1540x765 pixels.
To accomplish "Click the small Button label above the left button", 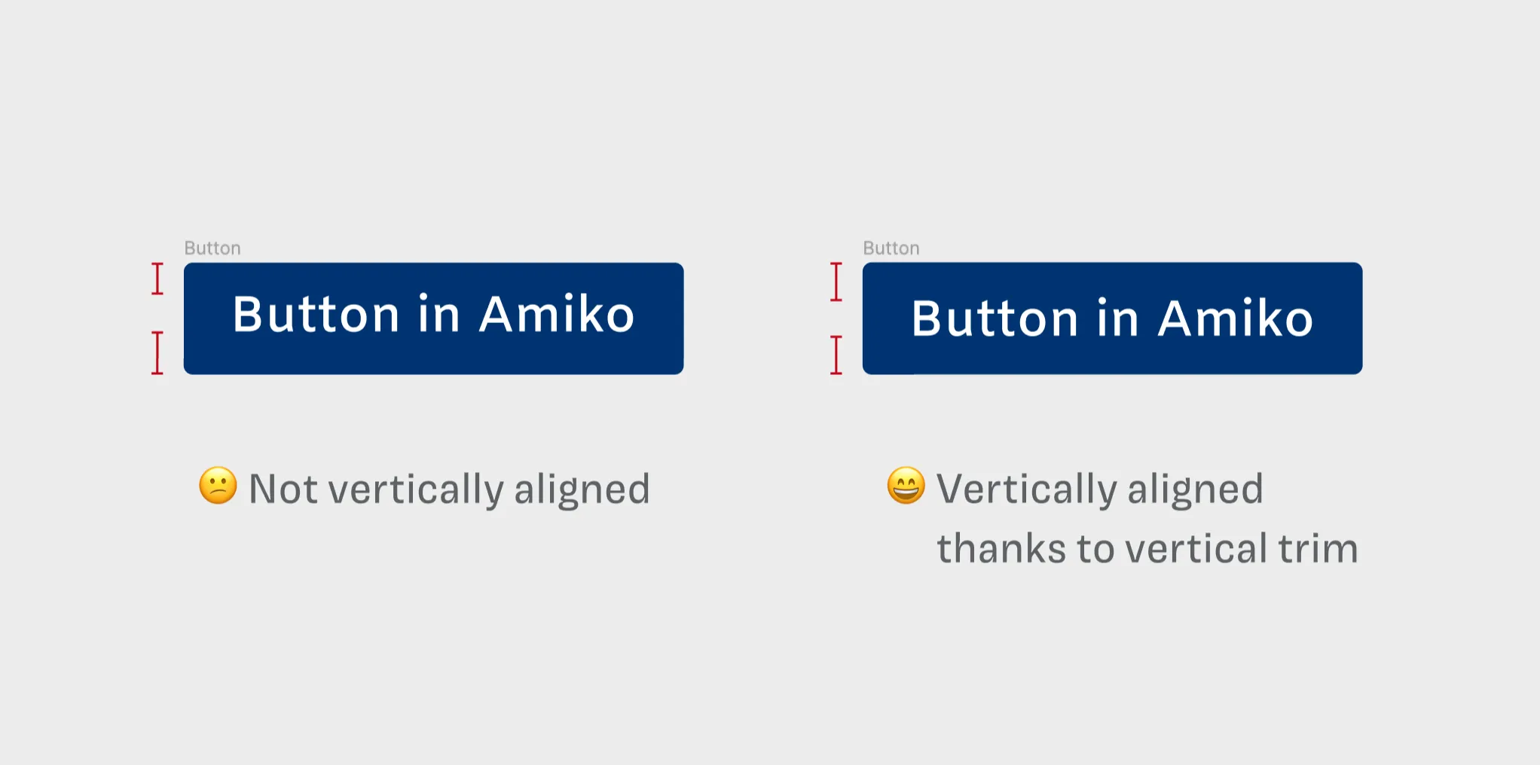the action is coord(212,248).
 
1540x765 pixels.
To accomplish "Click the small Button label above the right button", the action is coord(891,248).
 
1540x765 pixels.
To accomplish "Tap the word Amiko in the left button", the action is coord(557,314).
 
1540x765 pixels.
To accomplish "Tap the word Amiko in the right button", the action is coord(1236,318).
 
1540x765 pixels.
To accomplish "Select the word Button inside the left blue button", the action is coord(316,314).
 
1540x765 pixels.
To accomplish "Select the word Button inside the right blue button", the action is coord(995,318).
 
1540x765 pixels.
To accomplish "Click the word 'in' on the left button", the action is coord(438,314).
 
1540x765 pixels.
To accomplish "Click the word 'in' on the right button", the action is coord(1117,318).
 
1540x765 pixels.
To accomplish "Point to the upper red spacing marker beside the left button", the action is coord(157,279).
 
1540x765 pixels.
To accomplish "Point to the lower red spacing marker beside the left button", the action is coord(157,352).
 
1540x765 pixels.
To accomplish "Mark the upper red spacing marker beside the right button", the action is coord(836,282).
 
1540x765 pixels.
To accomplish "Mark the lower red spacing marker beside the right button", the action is coord(836,355).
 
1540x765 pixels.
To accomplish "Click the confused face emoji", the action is coord(218,486).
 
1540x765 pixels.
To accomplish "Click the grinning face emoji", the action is coord(906,486).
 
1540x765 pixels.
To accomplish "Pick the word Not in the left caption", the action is coord(283,489).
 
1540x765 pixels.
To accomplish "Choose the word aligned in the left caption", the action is coord(582,490).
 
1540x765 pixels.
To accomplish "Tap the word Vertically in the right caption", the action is coord(1026,490).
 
